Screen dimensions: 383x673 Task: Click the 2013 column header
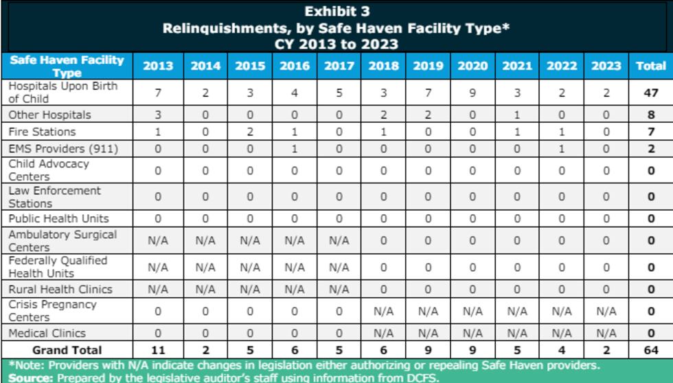pyautogui.click(x=158, y=67)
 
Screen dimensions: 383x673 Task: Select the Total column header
pyautogui.click(x=650, y=67)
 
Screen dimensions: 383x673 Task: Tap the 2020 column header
pyautogui.click(x=472, y=67)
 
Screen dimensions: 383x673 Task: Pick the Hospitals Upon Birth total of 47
pyautogui.click(x=650, y=93)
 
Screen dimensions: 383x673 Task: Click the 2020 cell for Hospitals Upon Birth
pyautogui.click(x=472, y=93)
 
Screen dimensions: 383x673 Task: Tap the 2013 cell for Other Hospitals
pyautogui.click(x=158, y=115)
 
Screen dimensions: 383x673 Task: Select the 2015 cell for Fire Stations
pyautogui.click(x=250, y=131)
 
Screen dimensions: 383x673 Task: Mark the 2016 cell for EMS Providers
pyautogui.click(x=294, y=148)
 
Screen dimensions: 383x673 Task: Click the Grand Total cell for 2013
pyautogui.click(x=158, y=350)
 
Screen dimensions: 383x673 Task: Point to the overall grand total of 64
pyautogui.click(x=650, y=350)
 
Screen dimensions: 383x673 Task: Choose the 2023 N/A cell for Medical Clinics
pyautogui.click(x=606, y=333)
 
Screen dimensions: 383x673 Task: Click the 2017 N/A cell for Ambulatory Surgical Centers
pyautogui.click(x=339, y=241)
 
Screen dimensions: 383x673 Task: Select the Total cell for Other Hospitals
pyautogui.click(x=650, y=115)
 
